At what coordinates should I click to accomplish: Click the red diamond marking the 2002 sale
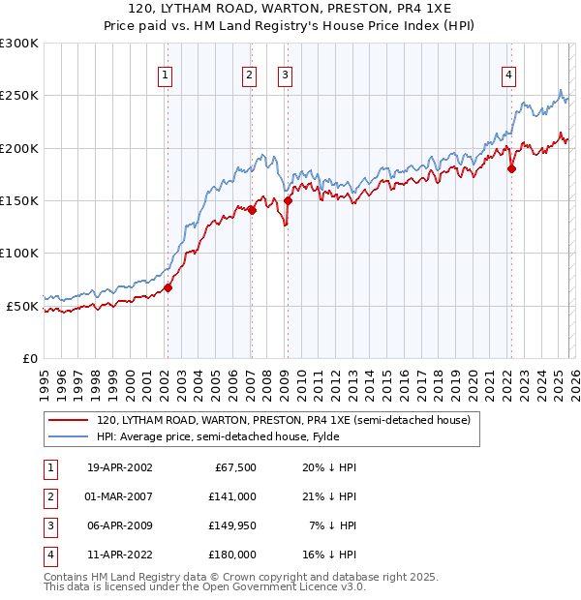tap(168, 287)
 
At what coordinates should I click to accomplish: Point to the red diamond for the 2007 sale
tap(251, 210)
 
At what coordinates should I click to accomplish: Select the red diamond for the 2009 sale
tap(288, 201)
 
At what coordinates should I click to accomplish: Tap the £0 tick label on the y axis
tap(29, 358)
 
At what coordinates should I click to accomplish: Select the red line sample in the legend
tap(68, 420)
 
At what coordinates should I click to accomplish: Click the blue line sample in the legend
tap(68, 436)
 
